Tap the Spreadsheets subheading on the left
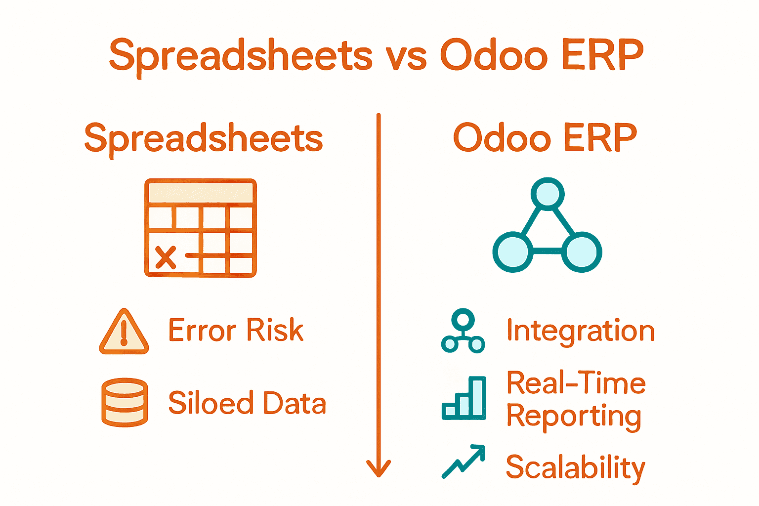[x=204, y=138]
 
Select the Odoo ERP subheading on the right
[x=545, y=138]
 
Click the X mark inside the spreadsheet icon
[x=166, y=257]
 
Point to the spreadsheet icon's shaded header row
[x=201, y=192]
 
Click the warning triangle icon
[x=124, y=333]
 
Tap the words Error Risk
[x=236, y=330]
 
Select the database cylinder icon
[x=125, y=402]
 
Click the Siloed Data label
[x=247, y=403]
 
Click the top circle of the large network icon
[x=548, y=194]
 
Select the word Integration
[x=581, y=330]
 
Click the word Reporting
[x=574, y=416]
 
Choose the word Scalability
[x=576, y=467]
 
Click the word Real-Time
[x=576, y=383]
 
